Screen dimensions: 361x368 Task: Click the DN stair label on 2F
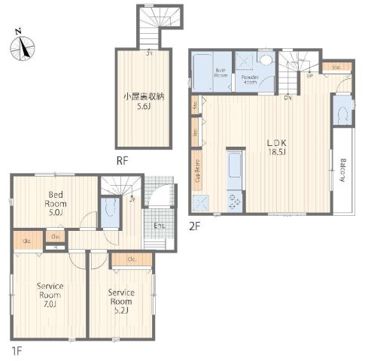pyautogui.click(x=287, y=96)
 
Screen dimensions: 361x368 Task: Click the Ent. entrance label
pyautogui.click(x=160, y=226)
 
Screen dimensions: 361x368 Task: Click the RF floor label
pyautogui.click(x=121, y=159)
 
